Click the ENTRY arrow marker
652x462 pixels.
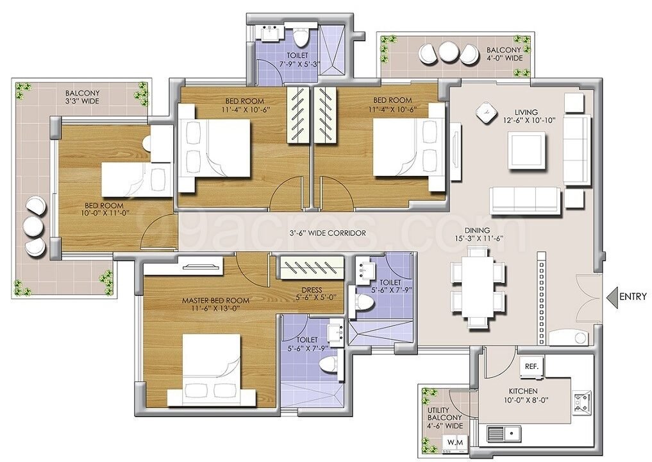[612, 296]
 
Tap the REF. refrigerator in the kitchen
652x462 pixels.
[531, 368]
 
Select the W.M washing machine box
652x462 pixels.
[456, 441]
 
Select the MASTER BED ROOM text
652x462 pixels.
[215, 300]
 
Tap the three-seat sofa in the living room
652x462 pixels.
[526, 201]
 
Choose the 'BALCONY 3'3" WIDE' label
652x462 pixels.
[82, 97]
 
